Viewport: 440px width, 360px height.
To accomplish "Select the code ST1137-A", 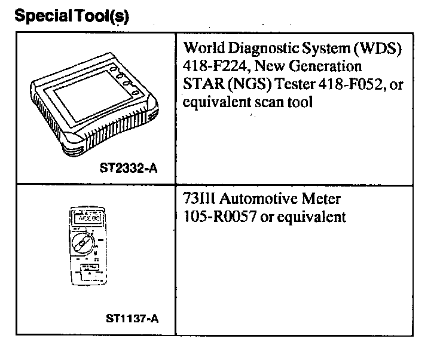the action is [129, 318].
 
